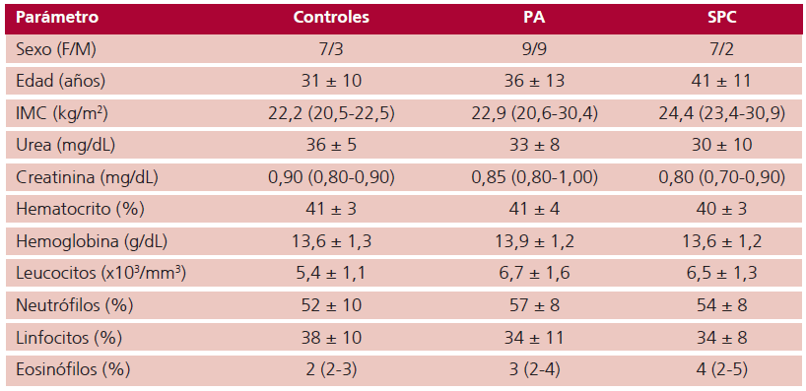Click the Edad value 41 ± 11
(721, 81)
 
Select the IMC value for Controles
(332, 113)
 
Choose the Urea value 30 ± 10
(721, 145)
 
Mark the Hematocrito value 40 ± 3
(721, 209)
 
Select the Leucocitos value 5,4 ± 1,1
(332, 273)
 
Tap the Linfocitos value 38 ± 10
(332, 338)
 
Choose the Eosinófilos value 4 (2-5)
(721, 369)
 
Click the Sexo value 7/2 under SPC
(721, 48)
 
